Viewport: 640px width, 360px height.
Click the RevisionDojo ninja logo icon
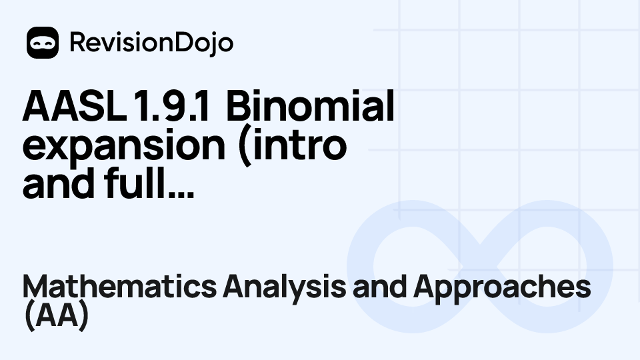pyautogui.click(x=43, y=43)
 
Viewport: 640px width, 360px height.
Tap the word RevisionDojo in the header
pyautogui.click(x=151, y=43)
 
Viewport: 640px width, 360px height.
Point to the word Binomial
pyautogui.click(x=310, y=107)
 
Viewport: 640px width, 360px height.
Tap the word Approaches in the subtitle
pyautogui.click(x=502, y=287)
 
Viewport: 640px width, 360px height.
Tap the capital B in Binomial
pyautogui.click(x=237, y=107)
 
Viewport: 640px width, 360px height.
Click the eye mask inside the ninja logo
pyautogui.click(x=43, y=41)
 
